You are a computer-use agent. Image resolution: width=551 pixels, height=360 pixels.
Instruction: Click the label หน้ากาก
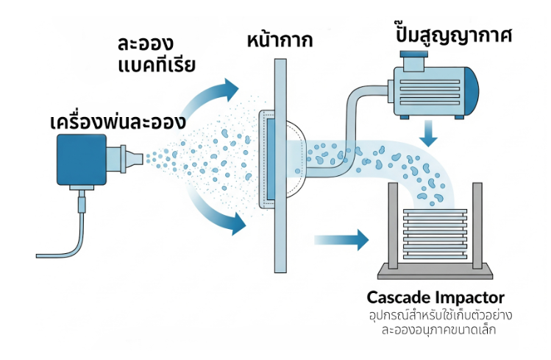coord(280,39)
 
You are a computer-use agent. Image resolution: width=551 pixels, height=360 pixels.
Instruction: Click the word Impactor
coord(472,298)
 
